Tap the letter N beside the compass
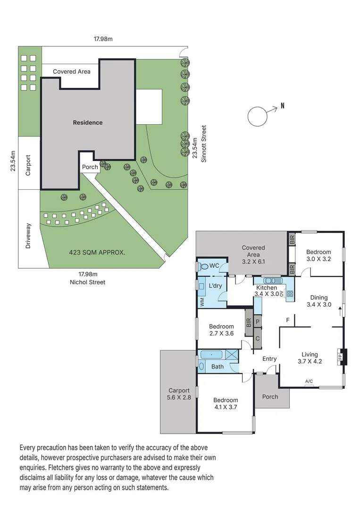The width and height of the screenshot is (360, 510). pos(282,106)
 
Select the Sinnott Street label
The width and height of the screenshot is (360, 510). pos(204,144)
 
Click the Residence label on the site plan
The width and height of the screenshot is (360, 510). pos(87,123)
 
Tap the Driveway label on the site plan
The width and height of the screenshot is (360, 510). pos(28,236)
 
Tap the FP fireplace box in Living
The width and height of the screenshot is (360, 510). pos(341,357)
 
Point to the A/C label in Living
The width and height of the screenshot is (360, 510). pos(309,381)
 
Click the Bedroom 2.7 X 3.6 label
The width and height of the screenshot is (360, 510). pos(221,330)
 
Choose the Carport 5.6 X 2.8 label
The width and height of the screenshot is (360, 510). pos(179,394)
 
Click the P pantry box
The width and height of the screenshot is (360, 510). pos(258,323)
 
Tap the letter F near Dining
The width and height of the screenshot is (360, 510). pos(287,321)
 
